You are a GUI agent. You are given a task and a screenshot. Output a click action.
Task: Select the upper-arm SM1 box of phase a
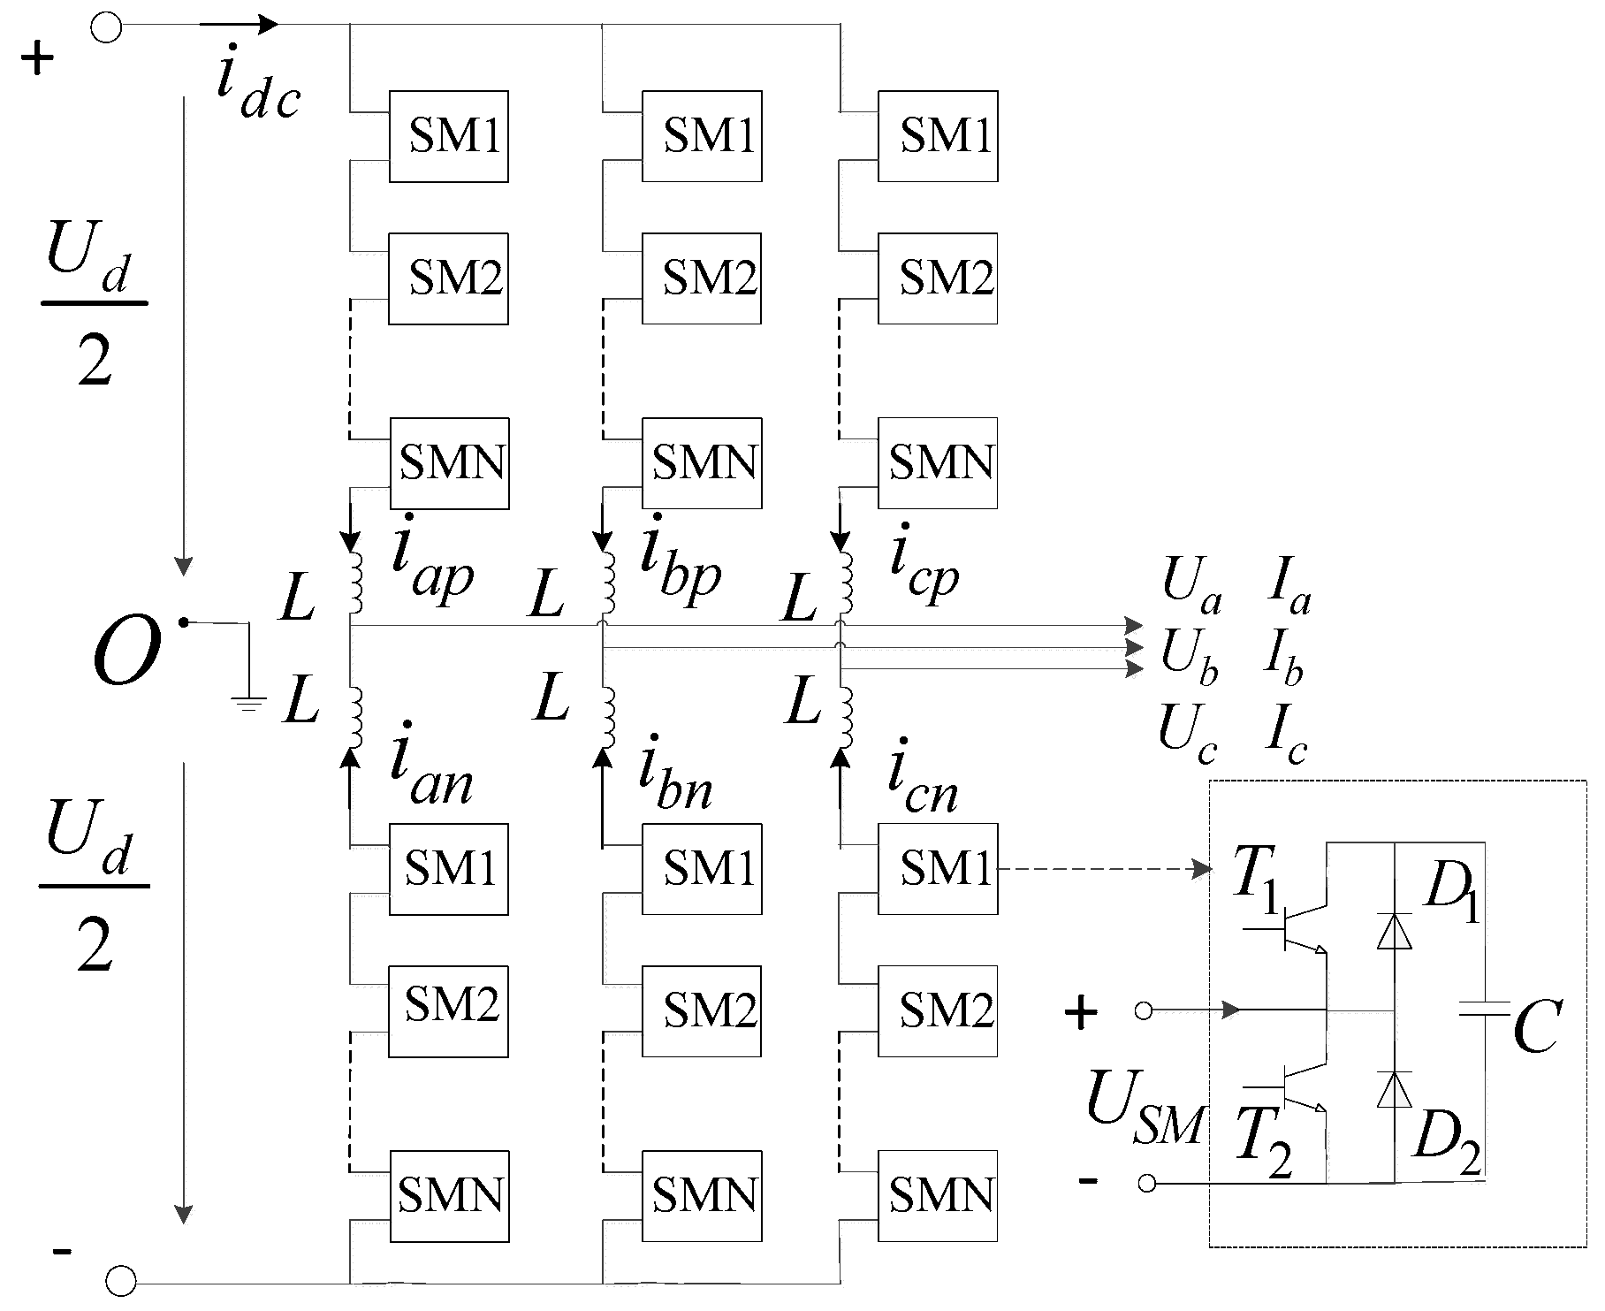[449, 136]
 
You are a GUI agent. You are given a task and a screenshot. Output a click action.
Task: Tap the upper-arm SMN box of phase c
[938, 462]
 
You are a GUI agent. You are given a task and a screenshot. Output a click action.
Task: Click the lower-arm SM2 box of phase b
[702, 1010]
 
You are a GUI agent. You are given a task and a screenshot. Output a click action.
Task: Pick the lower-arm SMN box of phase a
[449, 1195]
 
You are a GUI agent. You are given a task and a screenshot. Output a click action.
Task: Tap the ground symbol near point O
[249, 704]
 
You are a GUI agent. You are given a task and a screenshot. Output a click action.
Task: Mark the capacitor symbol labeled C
[1484, 1008]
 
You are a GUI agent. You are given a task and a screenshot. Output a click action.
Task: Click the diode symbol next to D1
[1395, 931]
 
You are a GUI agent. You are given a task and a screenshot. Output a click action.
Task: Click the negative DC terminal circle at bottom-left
[121, 1280]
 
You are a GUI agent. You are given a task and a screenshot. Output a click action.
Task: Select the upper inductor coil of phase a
[355, 583]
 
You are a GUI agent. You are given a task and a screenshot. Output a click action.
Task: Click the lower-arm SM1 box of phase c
[938, 868]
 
